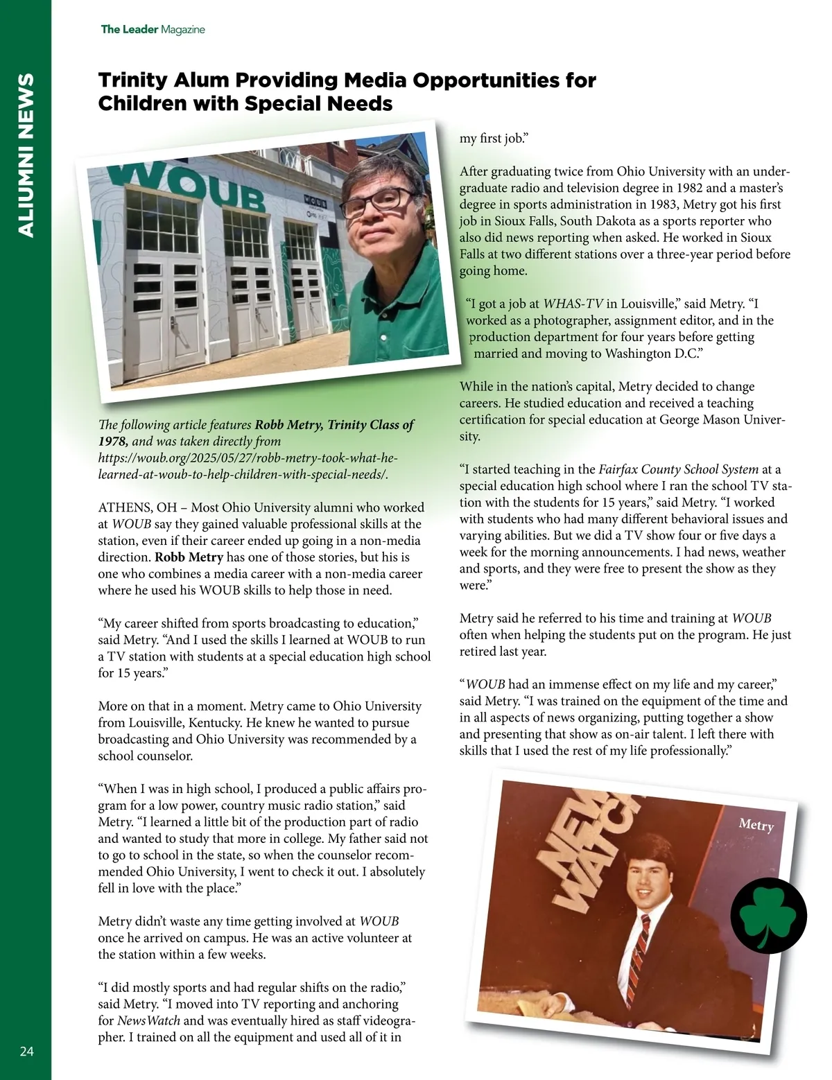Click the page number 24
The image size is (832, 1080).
(x=26, y=1052)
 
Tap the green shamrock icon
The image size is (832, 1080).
(x=769, y=916)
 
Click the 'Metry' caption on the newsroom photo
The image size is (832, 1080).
(x=756, y=824)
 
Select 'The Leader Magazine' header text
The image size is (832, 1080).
(x=153, y=29)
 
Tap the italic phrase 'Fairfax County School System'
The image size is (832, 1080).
(x=678, y=469)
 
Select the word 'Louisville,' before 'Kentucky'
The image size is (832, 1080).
(x=131, y=723)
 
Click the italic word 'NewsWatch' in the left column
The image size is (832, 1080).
(x=148, y=1020)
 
